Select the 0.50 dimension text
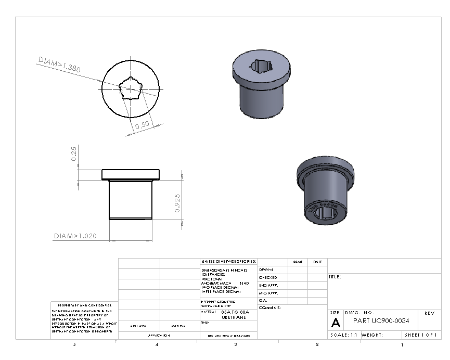(142, 125)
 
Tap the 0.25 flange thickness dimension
(74, 153)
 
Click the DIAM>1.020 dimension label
(75, 236)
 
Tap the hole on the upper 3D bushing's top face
(262, 67)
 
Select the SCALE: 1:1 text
(344, 336)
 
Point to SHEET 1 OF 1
(420, 336)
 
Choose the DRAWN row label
(266, 270)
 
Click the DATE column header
(317, 262)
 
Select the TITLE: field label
(335, 277)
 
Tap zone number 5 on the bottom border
(74, 345)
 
